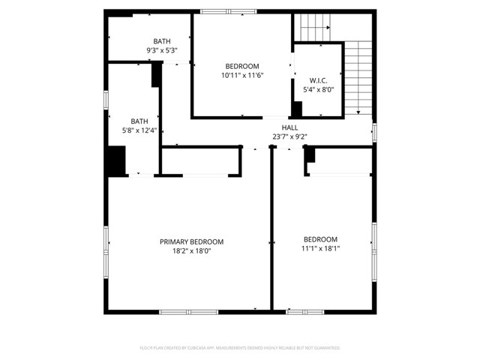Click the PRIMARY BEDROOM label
click(191, 241)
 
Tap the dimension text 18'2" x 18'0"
click(191, 251)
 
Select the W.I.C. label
click(318, 80)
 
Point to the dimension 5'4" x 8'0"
click(318, 90)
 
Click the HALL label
click(289, 127)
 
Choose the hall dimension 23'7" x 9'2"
click(289, 136)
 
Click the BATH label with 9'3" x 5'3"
click(161, 41)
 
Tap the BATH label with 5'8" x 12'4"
click(139, 121)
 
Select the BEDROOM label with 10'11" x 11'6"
click(241, 66)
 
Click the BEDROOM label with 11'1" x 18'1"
click(320, 239)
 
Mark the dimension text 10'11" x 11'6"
click(241, 76)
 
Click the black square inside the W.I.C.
click(297, 109)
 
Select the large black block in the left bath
click(115, 161)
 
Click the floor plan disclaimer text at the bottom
click(240, 348)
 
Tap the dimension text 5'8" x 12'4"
click(139, 130)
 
